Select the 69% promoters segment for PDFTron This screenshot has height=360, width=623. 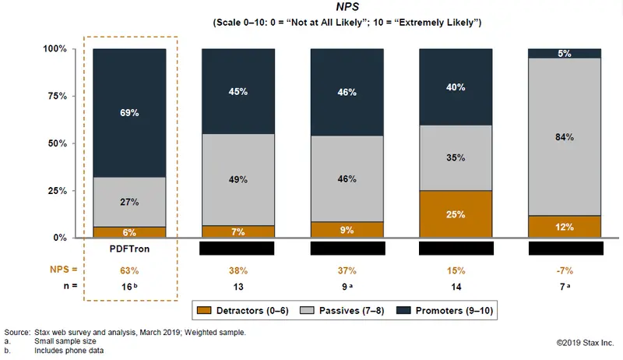(129, 113)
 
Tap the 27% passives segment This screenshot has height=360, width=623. (129, 202)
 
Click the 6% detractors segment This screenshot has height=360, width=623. (129, 232)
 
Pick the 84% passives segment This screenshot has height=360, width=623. (565, 137)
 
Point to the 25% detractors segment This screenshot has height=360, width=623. (456, 214)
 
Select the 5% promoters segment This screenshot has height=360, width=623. (565, 54)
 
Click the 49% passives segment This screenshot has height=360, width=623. (238, 179)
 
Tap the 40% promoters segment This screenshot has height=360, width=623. (456, 87)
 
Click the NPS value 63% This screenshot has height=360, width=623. (129, 270)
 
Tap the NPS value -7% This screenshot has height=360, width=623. (565, 270)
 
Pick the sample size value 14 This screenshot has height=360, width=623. (456, 286)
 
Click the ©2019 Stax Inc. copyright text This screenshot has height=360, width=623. (585, 342)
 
